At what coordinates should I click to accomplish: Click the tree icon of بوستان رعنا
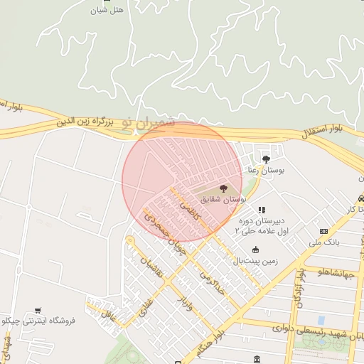[x=266, y=159]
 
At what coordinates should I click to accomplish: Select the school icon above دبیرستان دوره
[x=262, y=210]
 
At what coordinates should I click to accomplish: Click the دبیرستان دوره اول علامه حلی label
[x=262, y=226]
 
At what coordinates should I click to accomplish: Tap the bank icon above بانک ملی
[x=324, y=231]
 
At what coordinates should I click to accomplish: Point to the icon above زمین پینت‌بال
[x=256, y=249]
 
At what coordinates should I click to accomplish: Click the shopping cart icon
[x=38, y=310]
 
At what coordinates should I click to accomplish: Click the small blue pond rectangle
[x=321, y=320]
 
